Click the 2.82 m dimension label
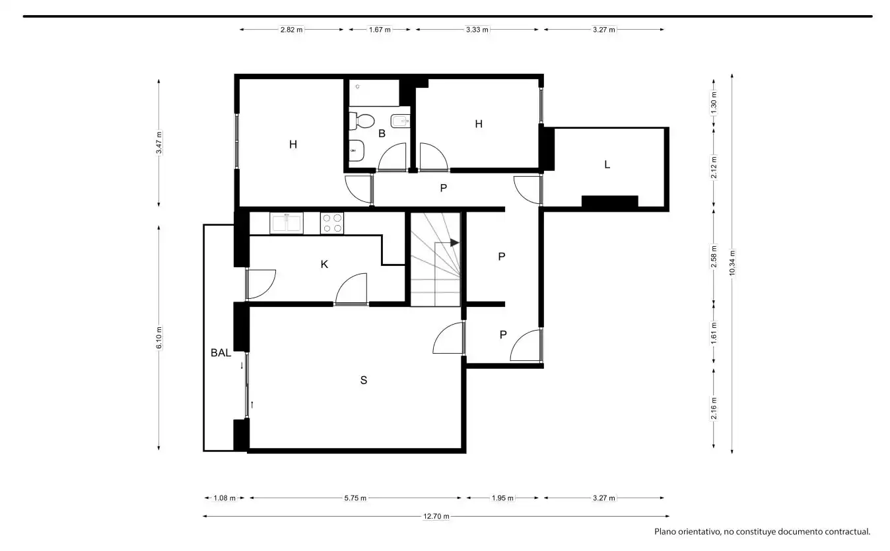pos(291,30)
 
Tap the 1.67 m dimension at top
pos(380,30)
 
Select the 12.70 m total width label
pos(436,517)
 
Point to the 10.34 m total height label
pos(732,263)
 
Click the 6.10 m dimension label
pos(159,338)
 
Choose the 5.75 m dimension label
pos(355,498)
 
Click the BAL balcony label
pos(221,352)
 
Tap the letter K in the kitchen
pos(324,265)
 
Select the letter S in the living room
pos(364,380)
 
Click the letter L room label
pos(607,164)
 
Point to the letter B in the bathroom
pos(382,134)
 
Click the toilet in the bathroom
pos(362,121)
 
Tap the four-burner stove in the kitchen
pos(332,223)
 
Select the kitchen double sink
pos(287,223)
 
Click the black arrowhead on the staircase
pos(454,243)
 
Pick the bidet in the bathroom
pos(400,121)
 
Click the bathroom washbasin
pos(357,150)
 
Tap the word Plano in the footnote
pos(666,532)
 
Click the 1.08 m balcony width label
pos(224,498)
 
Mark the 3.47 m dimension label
pos(159,143)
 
